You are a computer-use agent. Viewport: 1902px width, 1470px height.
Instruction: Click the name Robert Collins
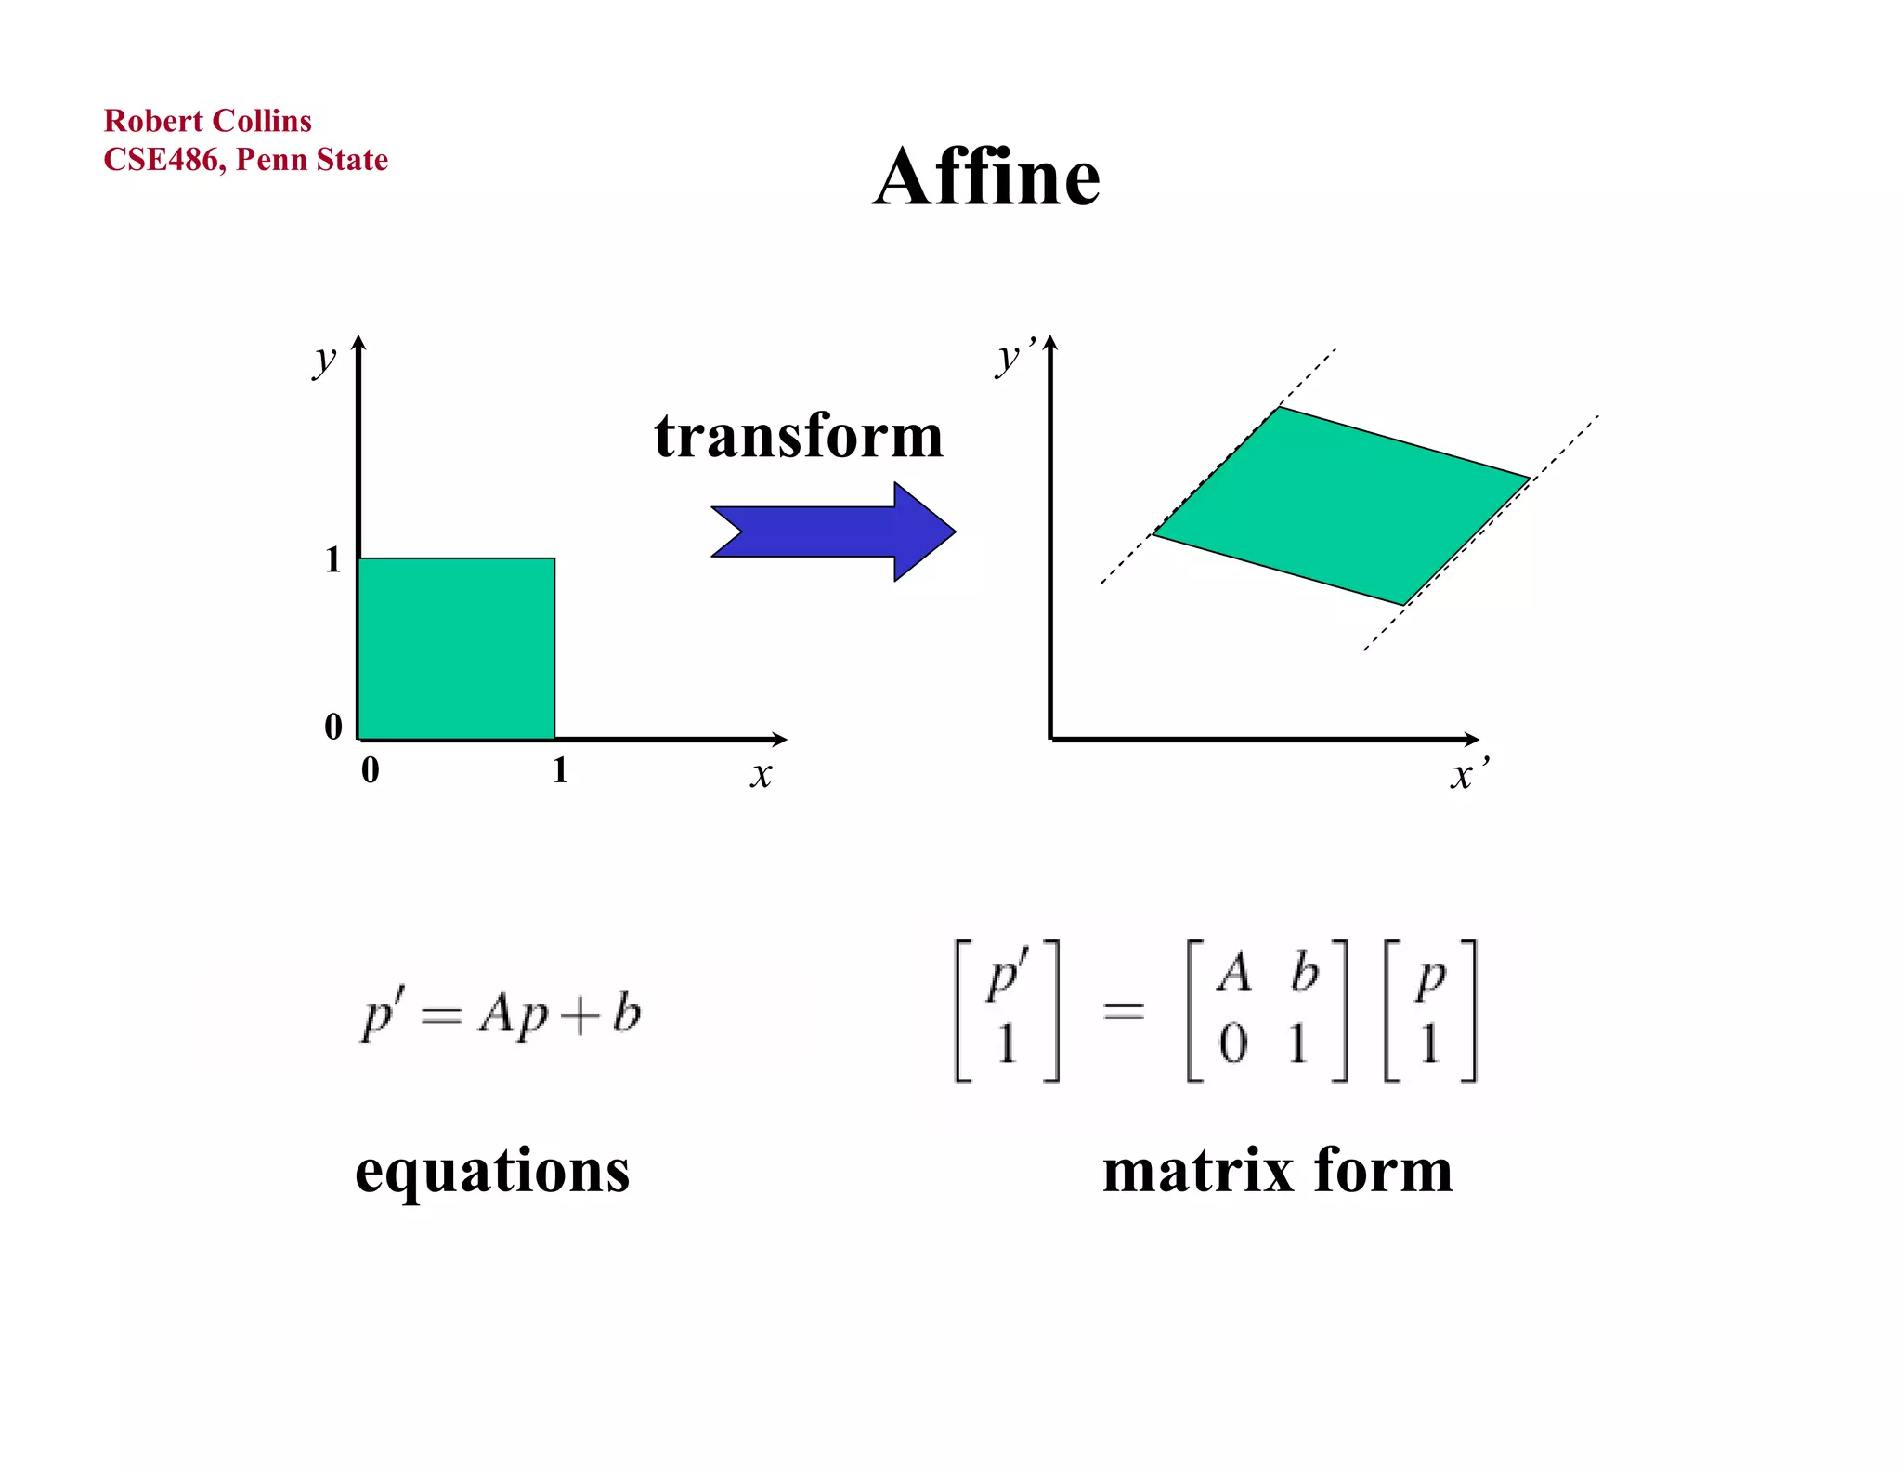coord(207,121)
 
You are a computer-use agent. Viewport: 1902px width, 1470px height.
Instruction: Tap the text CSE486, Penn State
coord(245,160)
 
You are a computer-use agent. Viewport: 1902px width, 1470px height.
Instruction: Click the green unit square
coord(456,649)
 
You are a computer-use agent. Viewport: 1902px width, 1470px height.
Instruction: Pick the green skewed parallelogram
coord(1341,505)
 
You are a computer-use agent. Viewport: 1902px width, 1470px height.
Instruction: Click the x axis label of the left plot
coord(761,773)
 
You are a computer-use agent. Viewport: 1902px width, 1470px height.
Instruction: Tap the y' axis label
coord(1012,358)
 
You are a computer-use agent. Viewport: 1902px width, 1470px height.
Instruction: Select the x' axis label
coord(1467,773)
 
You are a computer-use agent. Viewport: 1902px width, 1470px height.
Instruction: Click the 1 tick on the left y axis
coord(333,559)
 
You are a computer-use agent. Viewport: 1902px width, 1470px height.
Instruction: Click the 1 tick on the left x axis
coord(559,769)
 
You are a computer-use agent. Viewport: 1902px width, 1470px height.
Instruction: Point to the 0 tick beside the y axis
coord(333,726)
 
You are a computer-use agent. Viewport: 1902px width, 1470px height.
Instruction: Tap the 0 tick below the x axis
coord(370,769)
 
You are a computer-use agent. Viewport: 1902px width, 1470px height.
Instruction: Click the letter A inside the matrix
coord(1234,974)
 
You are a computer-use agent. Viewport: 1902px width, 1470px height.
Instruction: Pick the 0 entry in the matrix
coord(1233,1043)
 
